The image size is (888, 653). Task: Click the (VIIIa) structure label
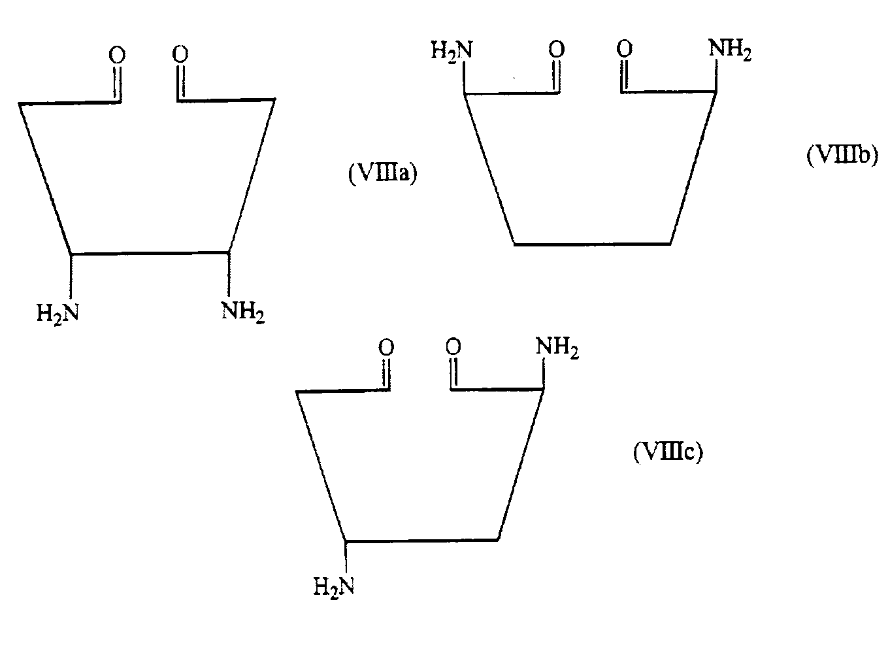383,173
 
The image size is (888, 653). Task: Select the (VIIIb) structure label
842,155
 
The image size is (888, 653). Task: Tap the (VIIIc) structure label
668,452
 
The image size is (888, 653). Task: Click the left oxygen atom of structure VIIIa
117,55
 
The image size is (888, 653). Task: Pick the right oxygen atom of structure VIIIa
180,54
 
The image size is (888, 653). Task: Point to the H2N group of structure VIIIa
58,314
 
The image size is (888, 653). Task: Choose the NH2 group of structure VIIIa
242,312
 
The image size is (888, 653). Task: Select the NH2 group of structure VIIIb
730,50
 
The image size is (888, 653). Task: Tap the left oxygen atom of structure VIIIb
557,50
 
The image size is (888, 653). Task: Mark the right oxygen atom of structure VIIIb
625,49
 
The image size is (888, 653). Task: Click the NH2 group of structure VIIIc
557,347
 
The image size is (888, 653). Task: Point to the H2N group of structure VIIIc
334,588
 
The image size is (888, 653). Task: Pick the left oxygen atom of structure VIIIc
386,347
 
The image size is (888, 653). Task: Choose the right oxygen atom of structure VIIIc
453,346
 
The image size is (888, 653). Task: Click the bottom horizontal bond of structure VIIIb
592,244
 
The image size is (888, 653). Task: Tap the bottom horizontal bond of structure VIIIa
150,252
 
